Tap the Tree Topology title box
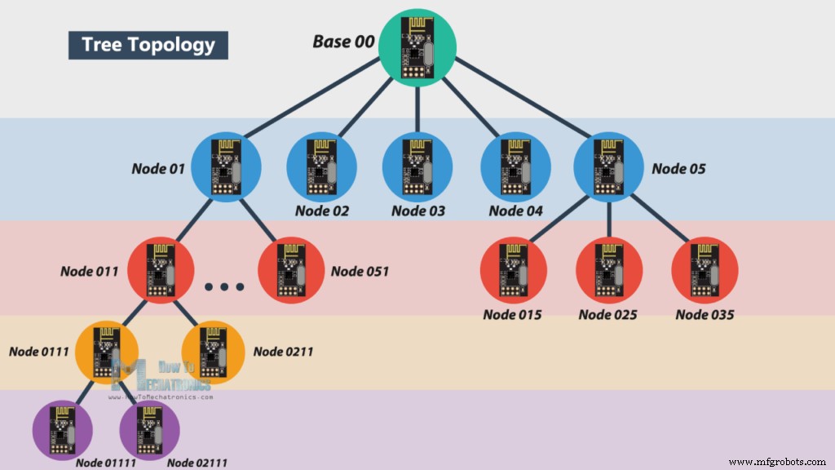[x=148, y=44]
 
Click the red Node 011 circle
[x=161, y=270]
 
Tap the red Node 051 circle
[x=291, y=270]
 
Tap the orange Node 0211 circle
[x=213, y=353]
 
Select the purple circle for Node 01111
[x=64, y=430]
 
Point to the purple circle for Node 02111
[x=152, y=430]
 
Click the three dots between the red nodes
[x=224, y=287]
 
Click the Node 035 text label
[x=705, y=314]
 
